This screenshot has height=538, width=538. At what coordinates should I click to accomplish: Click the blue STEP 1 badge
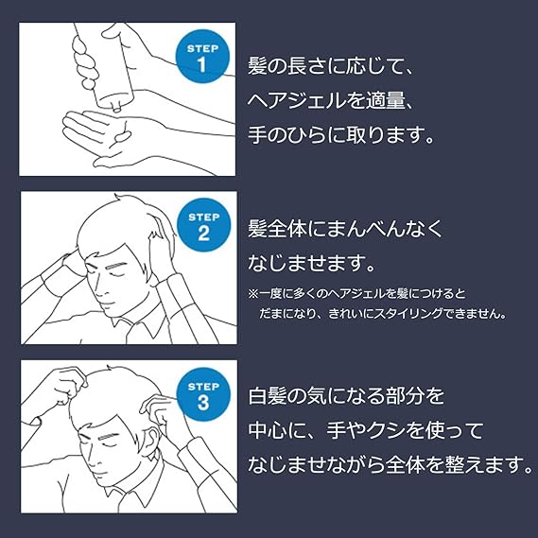click(x=202, y=57)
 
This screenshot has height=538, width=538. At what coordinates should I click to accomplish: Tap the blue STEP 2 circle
click(x=203, y=225)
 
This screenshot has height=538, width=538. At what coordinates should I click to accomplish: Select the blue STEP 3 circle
click(x=203, y=394)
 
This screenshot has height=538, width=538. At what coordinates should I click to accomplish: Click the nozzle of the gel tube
click(x=117, y=107)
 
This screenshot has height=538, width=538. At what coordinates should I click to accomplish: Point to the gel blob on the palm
click(x=123, y=137)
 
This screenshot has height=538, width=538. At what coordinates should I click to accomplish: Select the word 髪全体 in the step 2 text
click(x=277, y=229)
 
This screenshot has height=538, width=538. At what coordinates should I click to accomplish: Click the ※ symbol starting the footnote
click(x=252, y=294)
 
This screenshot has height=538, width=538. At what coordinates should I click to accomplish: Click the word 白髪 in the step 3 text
click(x=268, y=396)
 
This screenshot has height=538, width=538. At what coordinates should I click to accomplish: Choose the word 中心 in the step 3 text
click(x=268, y=430)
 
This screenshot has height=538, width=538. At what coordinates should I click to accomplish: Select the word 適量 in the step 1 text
click(x=385, y=100)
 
